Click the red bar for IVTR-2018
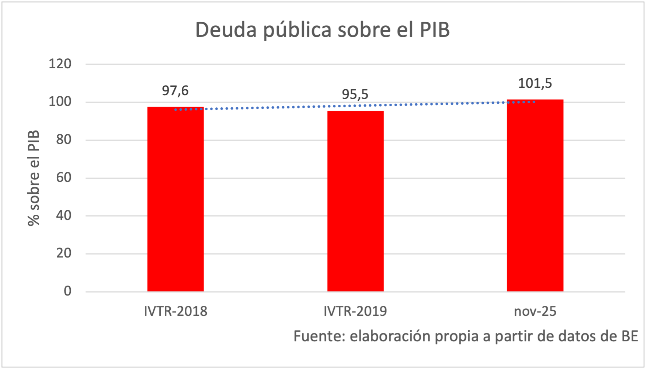pyautogui.click(x=175, y=199)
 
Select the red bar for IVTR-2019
pyautogui.click(x=355, y=201)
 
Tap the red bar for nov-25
pyautogui.click(x=535, y=196)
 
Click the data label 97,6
pyautogui.click(x=175, y=91)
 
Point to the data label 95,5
pyautogui.click(x=355, y=95)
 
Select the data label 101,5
pyautogui.click(x=535, y=83)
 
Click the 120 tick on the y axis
pyautogui.click(x=60, y=64)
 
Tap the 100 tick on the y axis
pyautogui.click(x=60, y=102)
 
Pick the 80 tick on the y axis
pyautogui.click(x=64, y=140)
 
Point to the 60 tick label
pyautogui.click(x=64, y=178)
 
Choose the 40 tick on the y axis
pyautogui.click(x=64, y=215)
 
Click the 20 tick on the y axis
pyautogui.click(x=64, y=253)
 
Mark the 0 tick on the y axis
pyautogui.click(x=67, y=291)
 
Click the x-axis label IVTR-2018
pyautogui.click(x=175, y=311)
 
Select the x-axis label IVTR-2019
pyautogui.click(x=355, y=311)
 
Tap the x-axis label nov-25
pyautogui.click(x=535, y=311)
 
